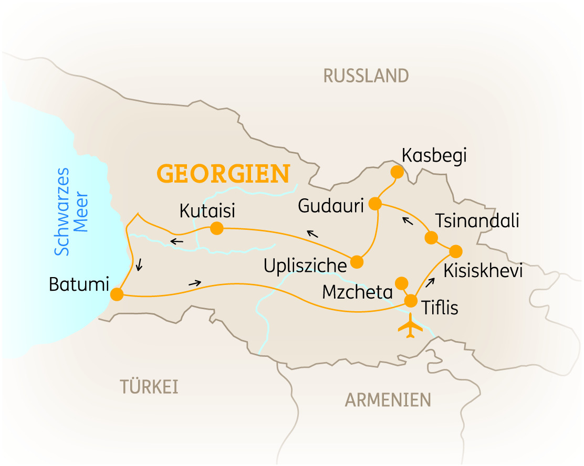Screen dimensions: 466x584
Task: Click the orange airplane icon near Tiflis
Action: [x=411, y=326]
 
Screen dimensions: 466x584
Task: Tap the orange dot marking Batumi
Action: [x=117, y=294]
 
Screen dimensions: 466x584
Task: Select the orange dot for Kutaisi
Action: [x=216, y=228]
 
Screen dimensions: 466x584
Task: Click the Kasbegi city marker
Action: [x=397, y=172]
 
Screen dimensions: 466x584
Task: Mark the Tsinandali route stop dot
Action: [x=431, y=238]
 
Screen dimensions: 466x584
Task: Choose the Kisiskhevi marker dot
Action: [x=455, y=251]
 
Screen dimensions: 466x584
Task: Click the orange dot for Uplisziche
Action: [x=357, y=261]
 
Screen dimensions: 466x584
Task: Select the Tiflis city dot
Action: [x=411, y=301]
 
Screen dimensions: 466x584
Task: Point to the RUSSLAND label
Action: [x=366, y=76]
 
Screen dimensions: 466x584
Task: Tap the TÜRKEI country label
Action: [x=150, y=387]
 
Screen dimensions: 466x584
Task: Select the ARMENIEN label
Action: [x=388, y=400]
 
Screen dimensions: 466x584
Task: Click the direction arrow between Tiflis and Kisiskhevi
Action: [x=430, y=283]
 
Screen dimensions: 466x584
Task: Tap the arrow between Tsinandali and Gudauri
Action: [x=407, y=220]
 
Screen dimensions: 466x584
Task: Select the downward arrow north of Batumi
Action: [x=139, y=266]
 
